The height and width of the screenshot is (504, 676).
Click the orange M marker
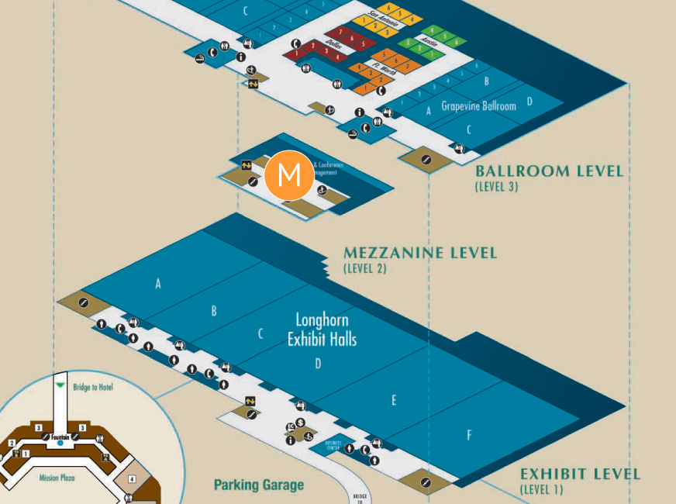coord(288,174)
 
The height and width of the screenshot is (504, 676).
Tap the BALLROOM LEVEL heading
coord(549,171)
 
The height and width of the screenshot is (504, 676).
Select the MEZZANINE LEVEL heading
coord(419,254)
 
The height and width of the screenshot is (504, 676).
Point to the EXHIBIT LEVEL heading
coord(580,475)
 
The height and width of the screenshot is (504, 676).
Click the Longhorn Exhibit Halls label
coord(322,329)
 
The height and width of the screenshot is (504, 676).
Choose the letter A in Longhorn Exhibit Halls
coord(157,284)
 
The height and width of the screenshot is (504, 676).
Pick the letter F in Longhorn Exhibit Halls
coord(469,436)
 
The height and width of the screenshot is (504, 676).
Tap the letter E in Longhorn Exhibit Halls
coord(394,400)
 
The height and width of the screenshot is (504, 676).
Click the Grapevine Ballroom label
coord(478,106)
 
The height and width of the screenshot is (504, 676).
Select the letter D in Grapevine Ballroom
coord(529,101)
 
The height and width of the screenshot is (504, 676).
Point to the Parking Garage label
coord(259,485)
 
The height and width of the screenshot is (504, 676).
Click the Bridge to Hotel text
coord(92,387)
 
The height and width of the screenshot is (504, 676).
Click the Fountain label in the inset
coord(61,437)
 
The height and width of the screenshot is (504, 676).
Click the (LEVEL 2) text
coord(364,269)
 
